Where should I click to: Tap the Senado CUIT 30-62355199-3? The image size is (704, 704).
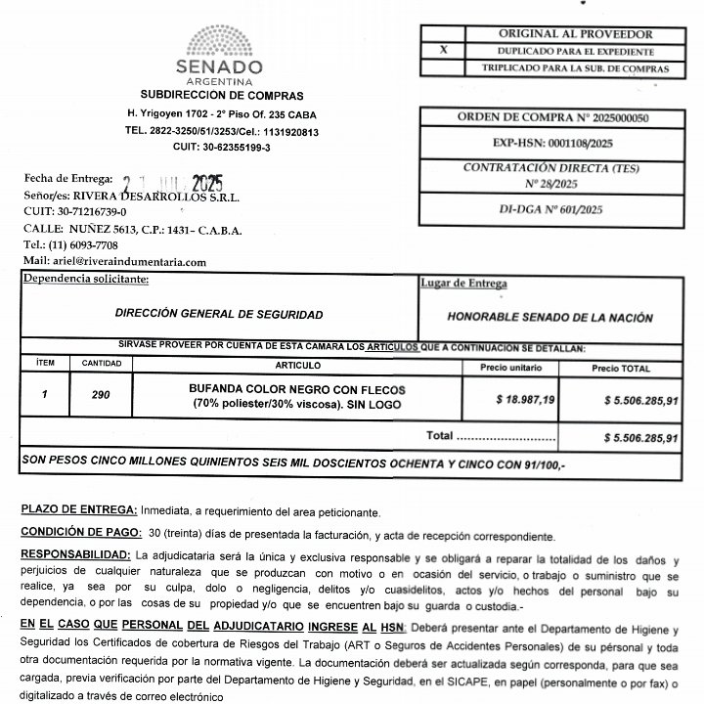[221, 147]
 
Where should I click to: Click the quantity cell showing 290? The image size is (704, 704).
[100, 396]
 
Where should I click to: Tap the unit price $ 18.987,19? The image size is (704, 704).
[526, 400]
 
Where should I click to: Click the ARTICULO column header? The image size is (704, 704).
[298, 364]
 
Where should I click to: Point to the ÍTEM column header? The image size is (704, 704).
[45, 363]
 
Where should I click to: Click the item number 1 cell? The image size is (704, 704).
[44, 396]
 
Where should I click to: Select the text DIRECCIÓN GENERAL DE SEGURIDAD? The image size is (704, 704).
[218, 315]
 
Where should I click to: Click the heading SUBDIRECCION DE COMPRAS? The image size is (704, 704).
[221, 96]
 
